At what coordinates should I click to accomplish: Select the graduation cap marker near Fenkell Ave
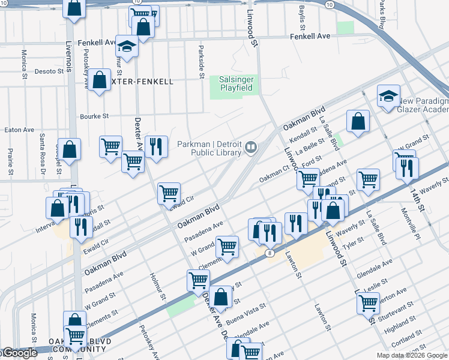coord(127,46)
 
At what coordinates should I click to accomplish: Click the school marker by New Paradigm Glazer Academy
coord(388,96)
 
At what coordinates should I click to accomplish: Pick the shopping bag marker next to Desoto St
coord(101,79)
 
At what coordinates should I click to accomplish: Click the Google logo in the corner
coord(19,353)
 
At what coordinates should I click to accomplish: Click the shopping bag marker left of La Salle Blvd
coord(358,121)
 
